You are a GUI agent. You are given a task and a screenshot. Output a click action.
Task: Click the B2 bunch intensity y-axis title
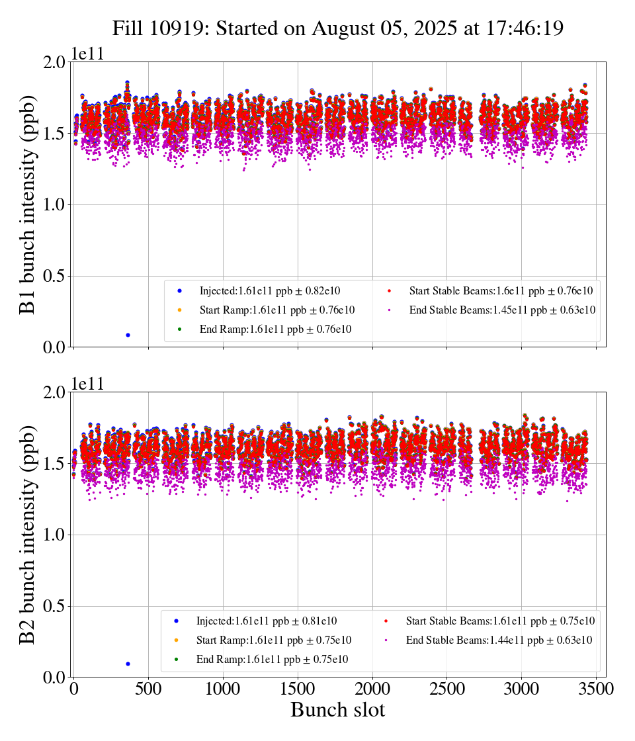tap(28, 535)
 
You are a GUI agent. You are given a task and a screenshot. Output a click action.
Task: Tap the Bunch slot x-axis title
tap(337, 710)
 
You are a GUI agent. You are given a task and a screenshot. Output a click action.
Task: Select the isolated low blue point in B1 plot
tap(128, 335)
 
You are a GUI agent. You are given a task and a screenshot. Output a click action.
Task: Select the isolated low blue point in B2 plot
tap(128, 664)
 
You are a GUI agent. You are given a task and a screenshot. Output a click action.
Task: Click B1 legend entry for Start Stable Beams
tap(500, 290)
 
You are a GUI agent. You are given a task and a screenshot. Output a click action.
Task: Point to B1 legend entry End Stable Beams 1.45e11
tap(503, 310)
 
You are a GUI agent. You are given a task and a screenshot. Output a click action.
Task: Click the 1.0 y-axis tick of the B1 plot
tap(55, 204)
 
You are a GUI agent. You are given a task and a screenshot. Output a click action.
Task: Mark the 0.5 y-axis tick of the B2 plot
tap(55, 606)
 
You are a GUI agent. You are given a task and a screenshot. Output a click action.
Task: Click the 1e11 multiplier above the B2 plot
tap(87, 384)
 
